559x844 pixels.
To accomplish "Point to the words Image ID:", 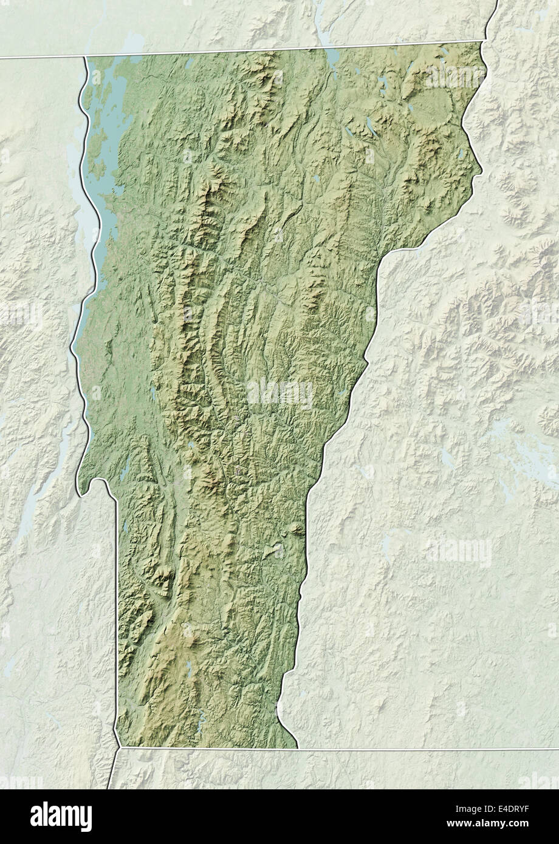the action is tap(486, 808).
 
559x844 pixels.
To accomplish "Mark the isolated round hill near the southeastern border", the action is tap(297, 529).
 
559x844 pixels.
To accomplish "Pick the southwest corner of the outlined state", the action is tap(117, 746).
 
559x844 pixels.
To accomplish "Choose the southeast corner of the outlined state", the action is tap(297, 747).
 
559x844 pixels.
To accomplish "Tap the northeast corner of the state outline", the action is tap(484, 42).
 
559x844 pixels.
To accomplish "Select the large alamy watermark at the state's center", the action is tap(280, 393).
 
